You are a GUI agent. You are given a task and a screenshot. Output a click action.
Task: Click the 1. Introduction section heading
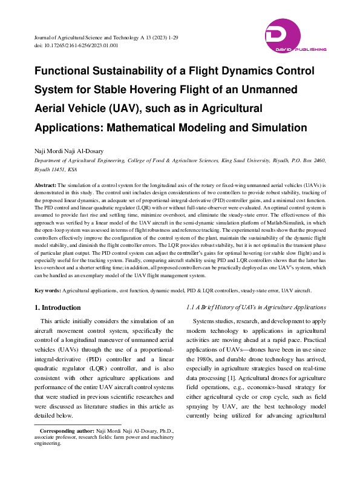(x=57, y=307)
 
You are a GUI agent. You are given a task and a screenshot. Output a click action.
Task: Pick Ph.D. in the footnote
(x=167, y=447)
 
